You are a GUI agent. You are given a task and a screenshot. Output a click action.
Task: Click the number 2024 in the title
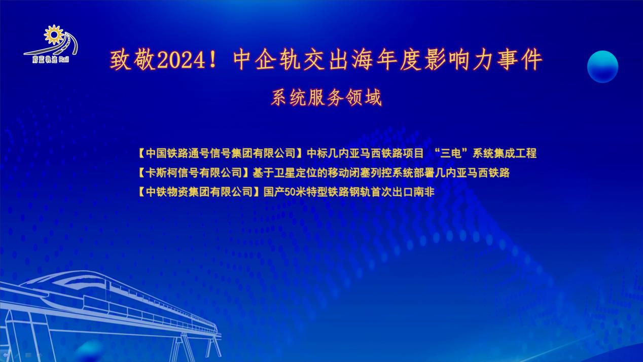point(181,60)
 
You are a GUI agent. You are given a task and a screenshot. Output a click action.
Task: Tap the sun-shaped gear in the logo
point(54,35)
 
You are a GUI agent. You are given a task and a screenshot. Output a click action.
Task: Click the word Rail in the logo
point(64,60)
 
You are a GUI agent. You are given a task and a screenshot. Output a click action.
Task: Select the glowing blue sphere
point(602,66)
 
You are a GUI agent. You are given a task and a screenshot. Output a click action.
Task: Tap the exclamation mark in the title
point(212,60)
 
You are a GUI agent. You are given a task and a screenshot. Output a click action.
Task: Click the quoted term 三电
point(451,153)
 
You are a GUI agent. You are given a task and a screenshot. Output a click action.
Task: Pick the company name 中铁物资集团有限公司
point(199,192)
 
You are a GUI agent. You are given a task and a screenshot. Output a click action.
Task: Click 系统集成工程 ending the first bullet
point(505,153)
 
